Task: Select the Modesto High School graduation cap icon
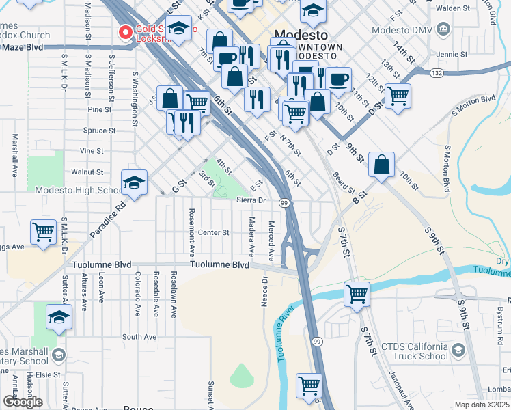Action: [134, 182]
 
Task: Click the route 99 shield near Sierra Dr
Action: [283, 202]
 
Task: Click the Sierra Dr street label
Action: [251, 200]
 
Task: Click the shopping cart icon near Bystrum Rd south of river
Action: [357, 295]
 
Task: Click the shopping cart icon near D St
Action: [398, 96]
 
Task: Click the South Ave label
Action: [139, 337]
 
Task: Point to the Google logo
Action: [23, 402]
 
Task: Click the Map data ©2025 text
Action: [482, 405]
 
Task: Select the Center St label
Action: [213, 232]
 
